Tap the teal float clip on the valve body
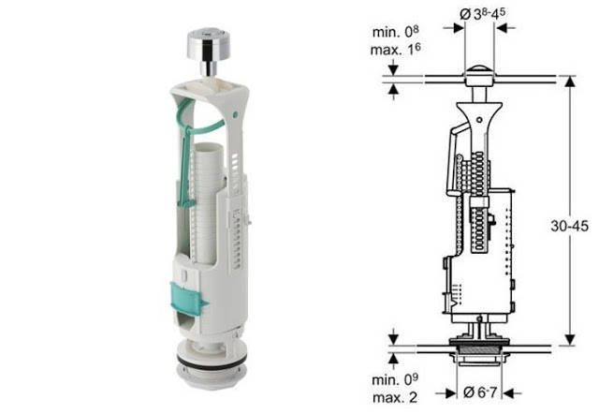(187, 297)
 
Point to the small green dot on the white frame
(235, 114)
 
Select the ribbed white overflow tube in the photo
(208, 202)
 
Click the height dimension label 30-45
(569, 226)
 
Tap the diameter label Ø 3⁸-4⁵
(482, 14)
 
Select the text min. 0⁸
(396, 31)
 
